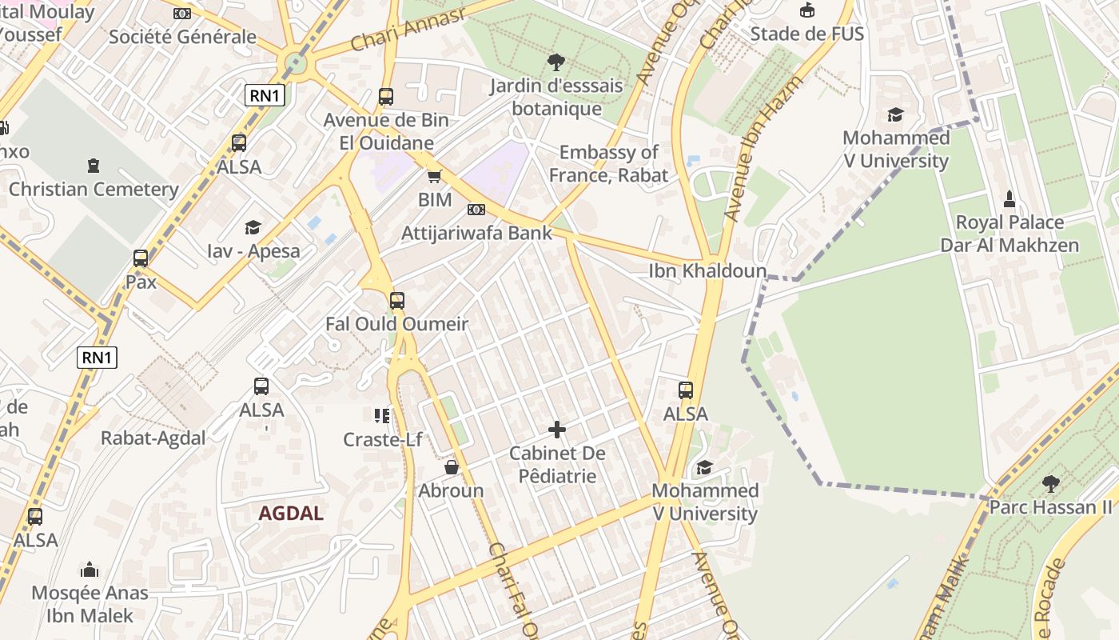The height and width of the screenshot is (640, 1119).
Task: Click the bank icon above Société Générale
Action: [182, 13]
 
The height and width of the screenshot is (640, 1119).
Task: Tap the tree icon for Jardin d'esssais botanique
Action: [556, 62]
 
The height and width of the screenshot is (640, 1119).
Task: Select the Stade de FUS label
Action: [806, 34]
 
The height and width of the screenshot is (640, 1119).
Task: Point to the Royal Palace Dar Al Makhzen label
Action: [1009, 234]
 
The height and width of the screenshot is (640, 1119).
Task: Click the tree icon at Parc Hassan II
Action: [1050, 484]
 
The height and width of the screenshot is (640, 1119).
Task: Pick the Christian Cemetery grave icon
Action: [94, 166]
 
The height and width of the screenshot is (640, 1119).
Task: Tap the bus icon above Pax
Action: [141, 258]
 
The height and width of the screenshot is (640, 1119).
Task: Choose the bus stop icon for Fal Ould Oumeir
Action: [396, 301]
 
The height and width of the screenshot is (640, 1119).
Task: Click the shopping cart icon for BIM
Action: [435, 176]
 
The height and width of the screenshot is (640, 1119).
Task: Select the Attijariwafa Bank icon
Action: [476, 210]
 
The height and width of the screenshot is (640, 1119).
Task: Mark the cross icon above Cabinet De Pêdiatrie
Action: [557, 430]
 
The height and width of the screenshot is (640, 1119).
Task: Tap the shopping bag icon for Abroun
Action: [452, 467]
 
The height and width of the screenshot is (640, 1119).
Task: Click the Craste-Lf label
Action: [382, 439]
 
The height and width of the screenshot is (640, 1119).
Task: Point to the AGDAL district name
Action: [291, 514]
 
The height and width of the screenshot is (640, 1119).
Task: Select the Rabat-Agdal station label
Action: [153, 438]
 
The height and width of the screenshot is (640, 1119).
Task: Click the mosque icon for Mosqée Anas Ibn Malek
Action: [90, 570]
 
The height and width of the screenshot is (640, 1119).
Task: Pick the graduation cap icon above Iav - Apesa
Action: [253, 227]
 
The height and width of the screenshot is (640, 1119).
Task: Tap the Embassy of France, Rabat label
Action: [608, 163]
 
